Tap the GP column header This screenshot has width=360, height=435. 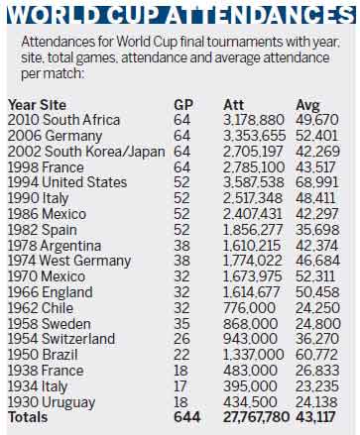[183, 104]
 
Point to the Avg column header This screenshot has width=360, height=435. [308, 104]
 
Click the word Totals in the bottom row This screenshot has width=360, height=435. [29, 417]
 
